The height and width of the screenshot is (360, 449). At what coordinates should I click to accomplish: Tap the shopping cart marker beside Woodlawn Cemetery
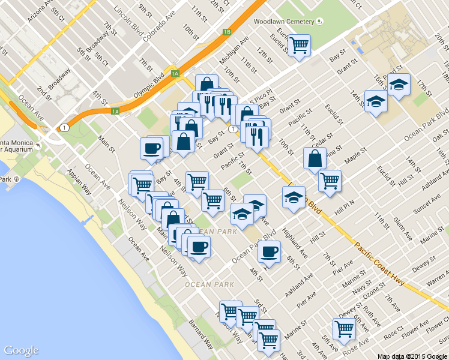[x=299, y=45]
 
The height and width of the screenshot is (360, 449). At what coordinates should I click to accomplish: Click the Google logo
[x=21, y=350]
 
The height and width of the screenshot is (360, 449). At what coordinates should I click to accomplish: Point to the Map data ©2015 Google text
[x=412, y=356]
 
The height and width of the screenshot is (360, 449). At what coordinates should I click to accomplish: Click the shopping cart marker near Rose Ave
[x=344, y=328]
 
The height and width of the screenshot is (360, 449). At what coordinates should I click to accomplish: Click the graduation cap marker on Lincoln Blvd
[x=294, y=197]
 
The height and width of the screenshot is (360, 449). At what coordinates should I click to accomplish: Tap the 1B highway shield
[x=226, y=32]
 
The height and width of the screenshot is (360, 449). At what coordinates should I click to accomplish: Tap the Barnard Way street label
[x=202, y=333]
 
